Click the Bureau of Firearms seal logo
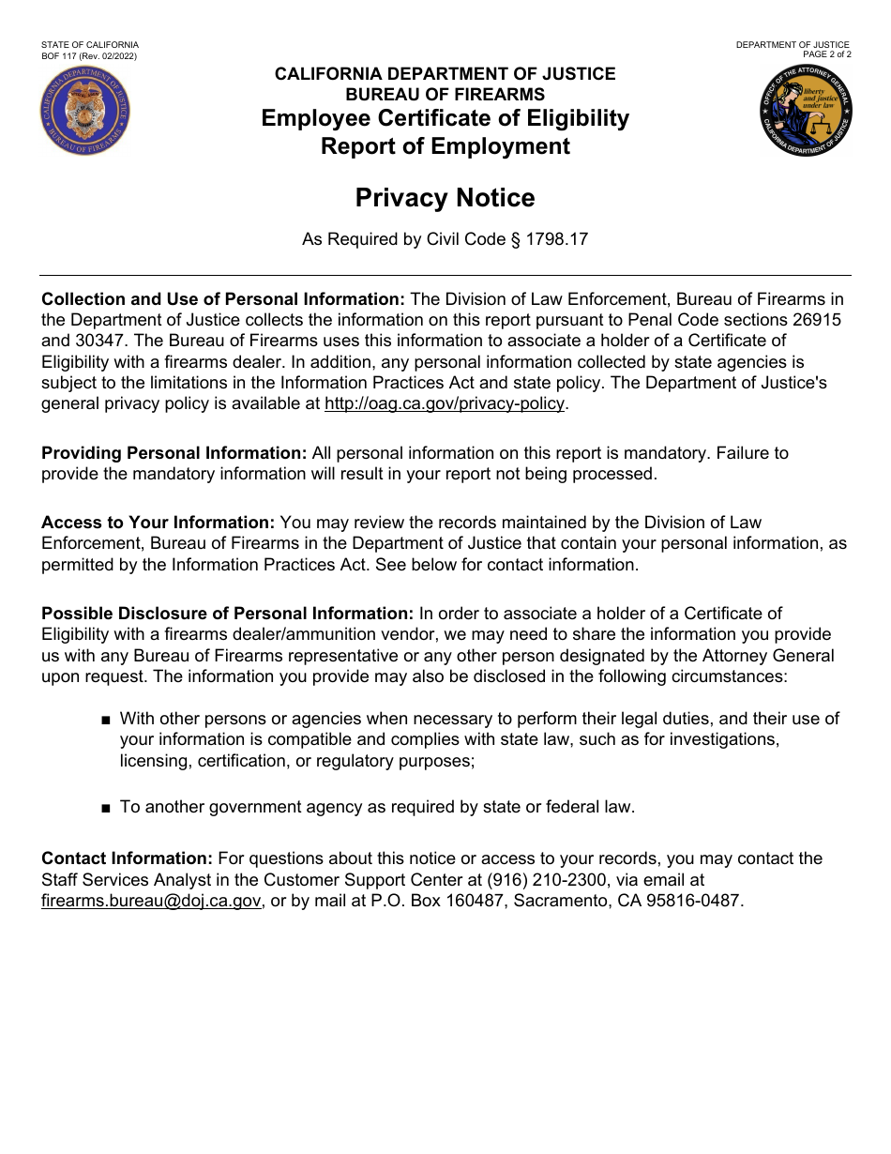coord(85,112)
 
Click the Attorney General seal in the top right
coord(806,112)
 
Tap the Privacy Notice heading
coord(445,198)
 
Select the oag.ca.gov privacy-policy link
coord(445,403)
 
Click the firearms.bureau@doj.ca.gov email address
coord(151,901)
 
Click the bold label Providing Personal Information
coord(174,453)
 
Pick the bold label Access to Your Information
coord(158,523)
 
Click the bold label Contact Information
coord(128,858)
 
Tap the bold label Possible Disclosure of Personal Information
coord(227,614)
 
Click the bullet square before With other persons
coord(105,720)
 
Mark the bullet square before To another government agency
coord(105,808)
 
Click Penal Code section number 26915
coord(819,320)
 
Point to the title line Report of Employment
coord(445,146)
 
